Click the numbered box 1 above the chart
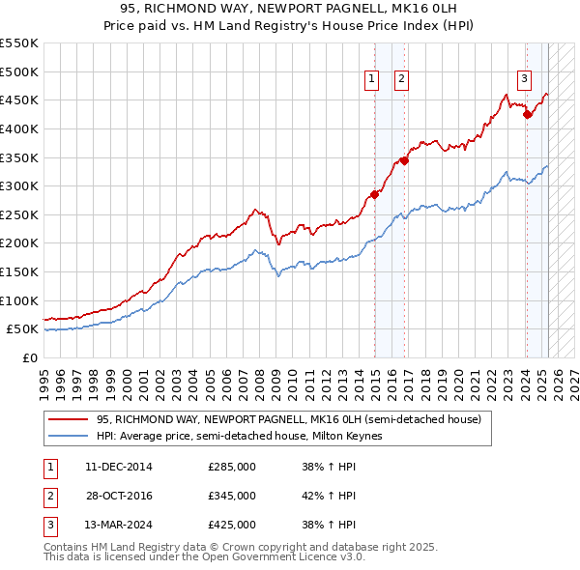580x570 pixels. click(372, 80)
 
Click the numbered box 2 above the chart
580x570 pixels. click(401, 80)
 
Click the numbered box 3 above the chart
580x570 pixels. click(523, 80)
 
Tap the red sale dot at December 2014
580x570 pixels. click(374, 195)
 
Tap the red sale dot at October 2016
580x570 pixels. click(405, 160)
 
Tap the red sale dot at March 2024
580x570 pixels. click(527, 115)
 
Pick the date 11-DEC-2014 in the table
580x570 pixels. click(119, 467)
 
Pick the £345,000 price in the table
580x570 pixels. click(231, 496)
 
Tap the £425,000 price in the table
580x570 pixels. click(231, 526)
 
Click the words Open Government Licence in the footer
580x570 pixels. click(261, 557)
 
